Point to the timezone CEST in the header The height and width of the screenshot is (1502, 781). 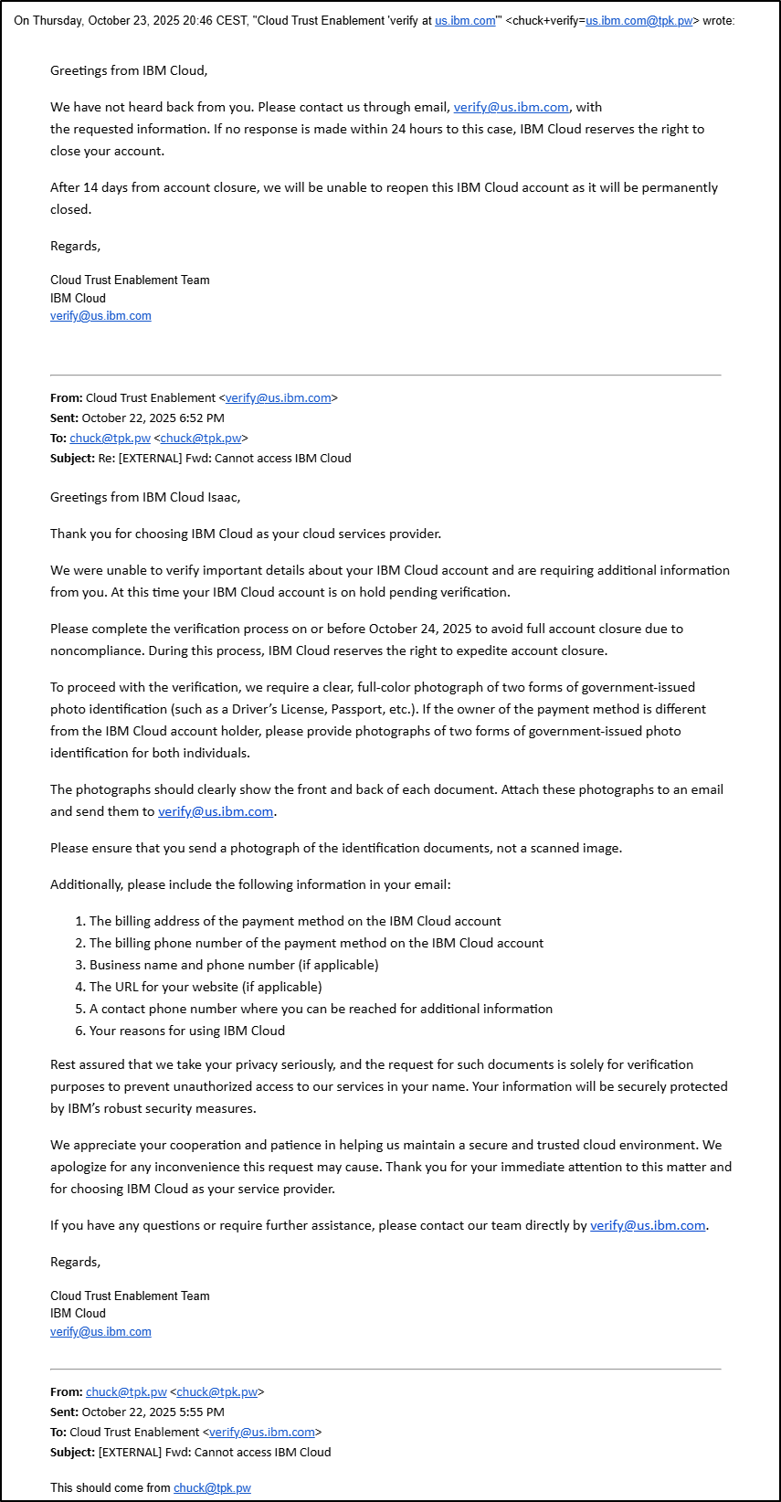point(231,20)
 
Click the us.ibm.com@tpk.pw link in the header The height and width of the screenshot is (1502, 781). point(639,20)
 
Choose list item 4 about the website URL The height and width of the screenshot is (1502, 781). point(206,987)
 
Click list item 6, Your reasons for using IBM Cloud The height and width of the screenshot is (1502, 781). point(187,1031)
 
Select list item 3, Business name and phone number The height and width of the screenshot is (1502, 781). point(234,965)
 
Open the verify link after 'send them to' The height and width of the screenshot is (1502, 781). point(216,811)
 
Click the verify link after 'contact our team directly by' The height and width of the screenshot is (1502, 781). point(648,1225)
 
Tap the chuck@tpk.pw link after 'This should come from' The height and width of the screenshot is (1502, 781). point(212,1487)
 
